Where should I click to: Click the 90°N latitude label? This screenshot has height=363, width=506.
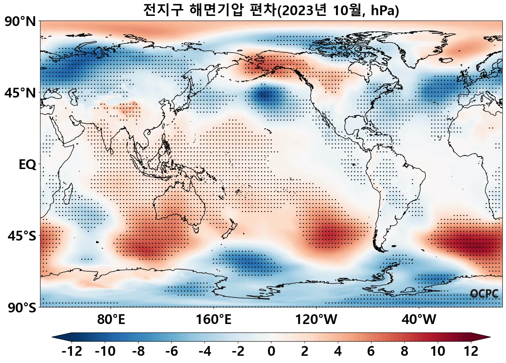tap(20, 22)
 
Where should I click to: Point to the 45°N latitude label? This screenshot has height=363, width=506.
tap(20, 93)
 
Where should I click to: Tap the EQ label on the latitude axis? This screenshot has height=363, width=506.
tap(27, 165)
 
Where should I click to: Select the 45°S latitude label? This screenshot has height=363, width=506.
tap(22, 236)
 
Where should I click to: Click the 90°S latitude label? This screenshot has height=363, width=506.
tap(22, 308)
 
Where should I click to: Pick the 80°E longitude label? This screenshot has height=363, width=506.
tap(111, 319)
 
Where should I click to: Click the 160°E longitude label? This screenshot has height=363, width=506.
tap(214, 319)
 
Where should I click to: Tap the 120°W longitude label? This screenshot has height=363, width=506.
tap(316, 319)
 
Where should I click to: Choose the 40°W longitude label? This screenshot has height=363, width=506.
tap(419, 319)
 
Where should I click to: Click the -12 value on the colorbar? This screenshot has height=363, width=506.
tap(72, 351)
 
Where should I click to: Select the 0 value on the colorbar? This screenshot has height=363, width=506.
tap(271, 351)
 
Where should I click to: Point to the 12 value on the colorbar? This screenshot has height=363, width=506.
tap(471, 351)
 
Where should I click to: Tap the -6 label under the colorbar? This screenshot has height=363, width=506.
tap(172, 351)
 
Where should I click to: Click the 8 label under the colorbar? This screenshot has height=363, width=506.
tap(404, 351)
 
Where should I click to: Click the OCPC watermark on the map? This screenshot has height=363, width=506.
tap(484, 294)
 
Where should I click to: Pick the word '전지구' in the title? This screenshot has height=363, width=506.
tap(163, 10)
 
